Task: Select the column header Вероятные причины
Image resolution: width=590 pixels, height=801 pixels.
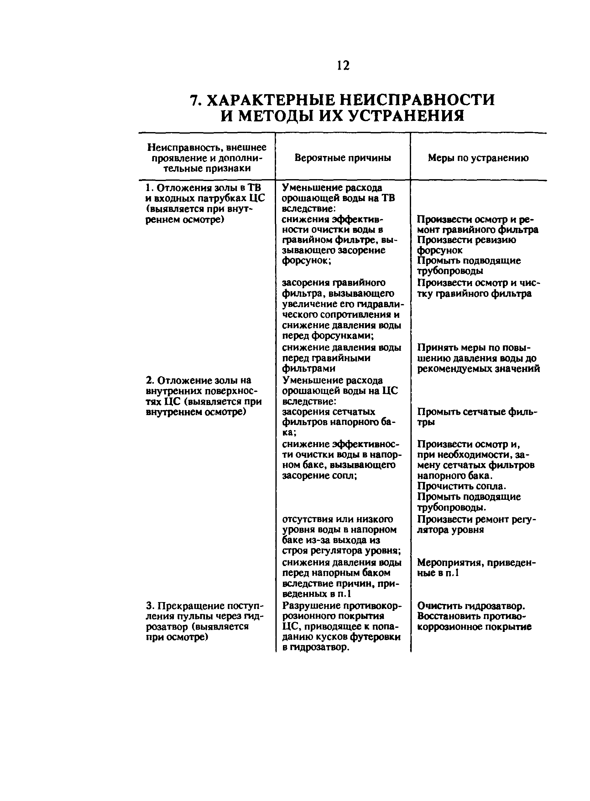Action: coord(342,158)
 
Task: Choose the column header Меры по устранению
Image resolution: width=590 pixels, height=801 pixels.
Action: coord(478,158)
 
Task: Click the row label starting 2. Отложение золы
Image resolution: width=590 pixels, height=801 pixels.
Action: coord(199,380)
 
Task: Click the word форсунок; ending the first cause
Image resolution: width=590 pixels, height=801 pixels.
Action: coord(306,261)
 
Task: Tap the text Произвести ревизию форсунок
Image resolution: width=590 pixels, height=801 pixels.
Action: coord(467,245)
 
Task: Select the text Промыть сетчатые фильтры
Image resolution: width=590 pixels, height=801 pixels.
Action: coord(477,417)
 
